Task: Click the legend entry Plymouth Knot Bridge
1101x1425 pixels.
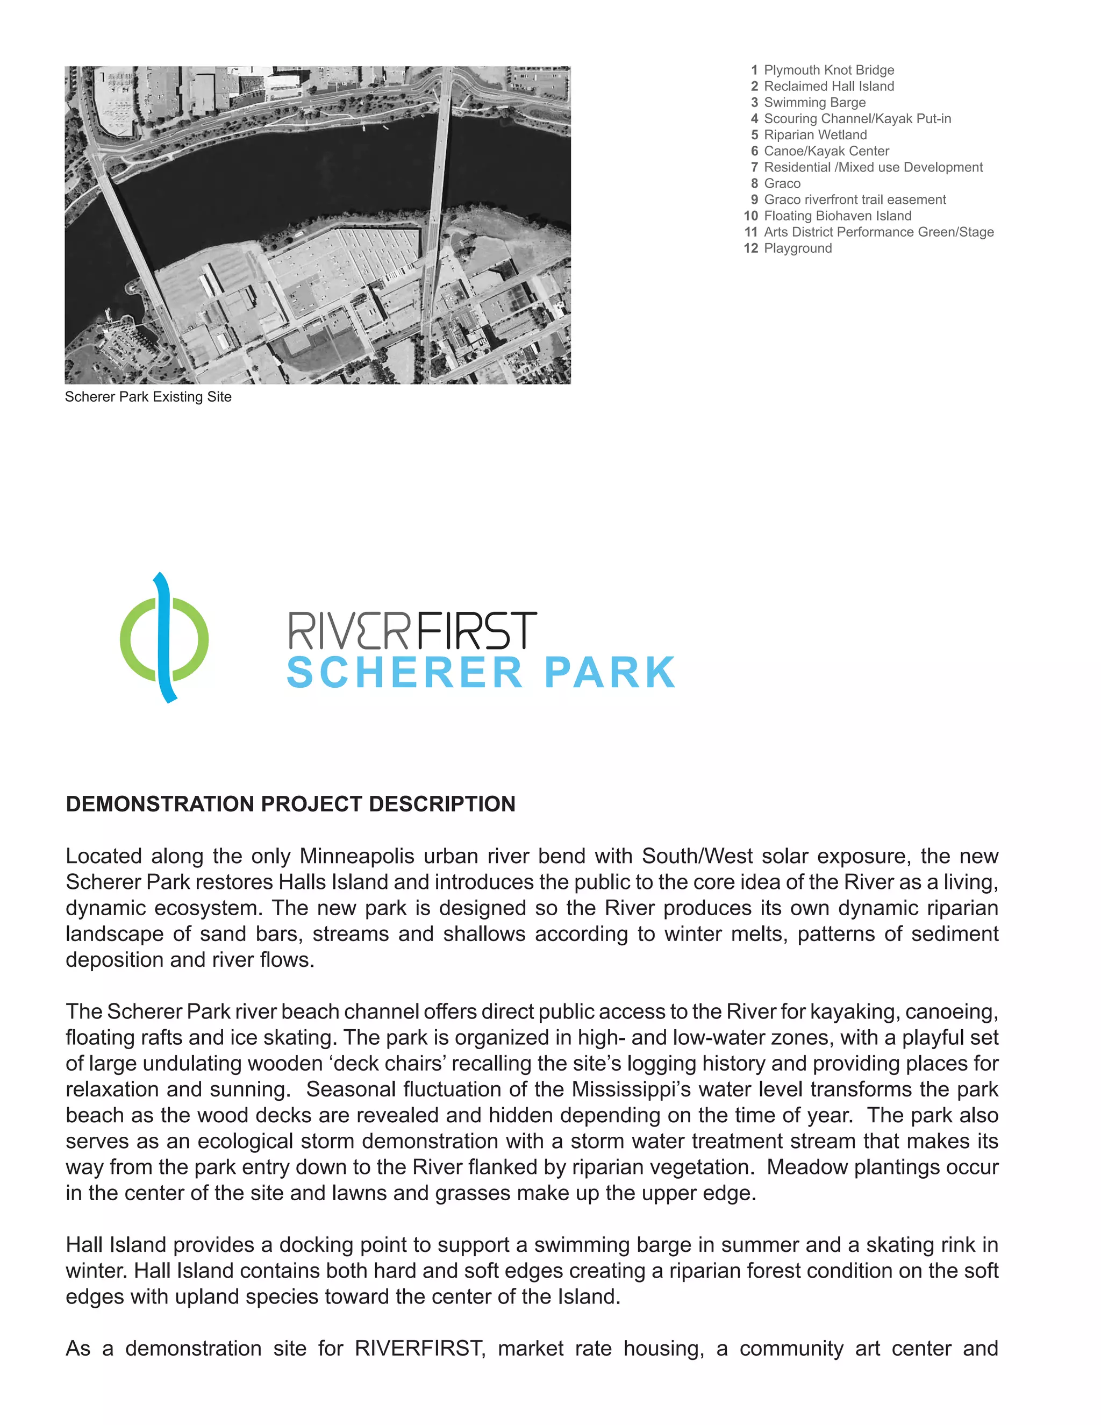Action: pyautogui.click(x=828, y=70)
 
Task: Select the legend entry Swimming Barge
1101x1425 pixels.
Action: pyautogui.click(x=814, y=102)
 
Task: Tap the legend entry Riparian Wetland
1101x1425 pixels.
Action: pyautogui.click(x=816, y=135)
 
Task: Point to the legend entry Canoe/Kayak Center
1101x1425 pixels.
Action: pyautogui.click(x=826, y=151)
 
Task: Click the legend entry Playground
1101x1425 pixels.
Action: pyautogui.click(x=798, y=248)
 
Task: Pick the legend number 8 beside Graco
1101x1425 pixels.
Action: pyautogui.click(x=754, y=183)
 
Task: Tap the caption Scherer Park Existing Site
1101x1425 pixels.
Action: pyautogui.click(x=148, y=397)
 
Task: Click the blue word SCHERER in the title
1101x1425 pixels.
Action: pyautogui.click(x=405, y=673)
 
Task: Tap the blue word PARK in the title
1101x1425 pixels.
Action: pyautogui.click(x=609, y=673)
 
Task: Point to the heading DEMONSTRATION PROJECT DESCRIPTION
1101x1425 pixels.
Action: pyautogui.click(x=290, y=804)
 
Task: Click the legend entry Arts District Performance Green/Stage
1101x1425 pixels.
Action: pyautogui.click(x=878, y=232)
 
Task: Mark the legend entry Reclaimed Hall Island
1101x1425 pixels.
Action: pyautogui.click(x=828, y=86)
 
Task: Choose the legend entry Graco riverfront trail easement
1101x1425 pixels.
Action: pyautogui.click(x=854, y=199)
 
